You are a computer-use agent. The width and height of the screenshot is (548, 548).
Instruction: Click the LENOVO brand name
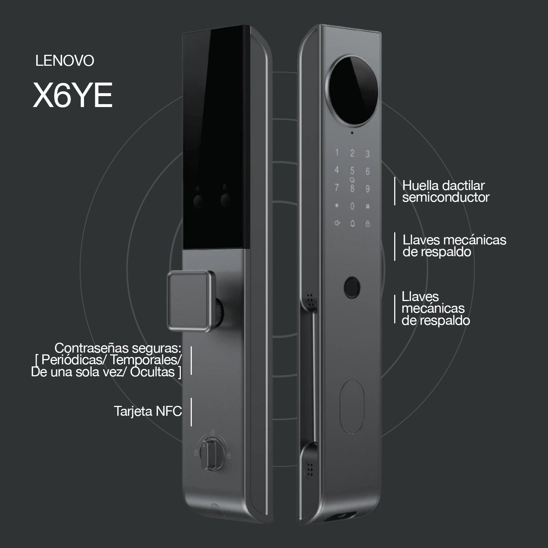[65, 61]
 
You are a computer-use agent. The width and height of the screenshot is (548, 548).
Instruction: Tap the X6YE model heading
[73, 95]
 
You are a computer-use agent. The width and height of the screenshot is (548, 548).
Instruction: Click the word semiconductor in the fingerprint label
[446, 198]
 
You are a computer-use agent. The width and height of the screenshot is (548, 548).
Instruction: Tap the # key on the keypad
[368, 206]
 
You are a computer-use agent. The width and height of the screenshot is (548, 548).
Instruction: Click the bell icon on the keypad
[353, 223]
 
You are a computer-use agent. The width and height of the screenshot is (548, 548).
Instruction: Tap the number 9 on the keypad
[368, 189]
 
